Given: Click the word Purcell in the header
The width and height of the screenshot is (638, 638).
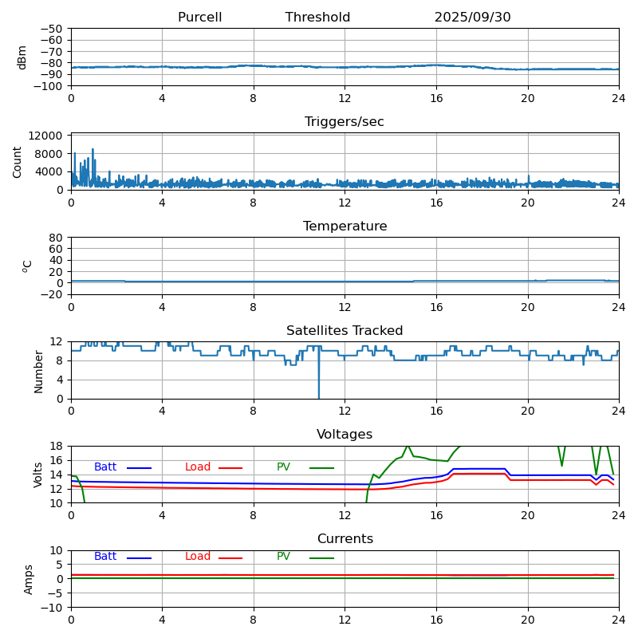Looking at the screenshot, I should coord(199,18).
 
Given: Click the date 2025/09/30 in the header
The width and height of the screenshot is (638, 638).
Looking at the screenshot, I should coord(472,18).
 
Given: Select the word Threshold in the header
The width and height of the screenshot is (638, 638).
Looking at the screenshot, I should coord(317,18).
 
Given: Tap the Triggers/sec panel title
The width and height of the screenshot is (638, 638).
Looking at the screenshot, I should coord(345,122).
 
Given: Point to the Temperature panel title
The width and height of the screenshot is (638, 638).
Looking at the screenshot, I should coord(345,226).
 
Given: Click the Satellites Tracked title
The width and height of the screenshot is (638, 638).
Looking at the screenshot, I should coord(345,331).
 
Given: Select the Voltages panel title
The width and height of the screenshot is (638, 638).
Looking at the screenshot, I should coord(345,435).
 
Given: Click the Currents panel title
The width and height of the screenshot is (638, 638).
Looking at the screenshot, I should coord(345,539).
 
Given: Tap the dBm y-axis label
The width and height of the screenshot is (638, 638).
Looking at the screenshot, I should coord(22,57).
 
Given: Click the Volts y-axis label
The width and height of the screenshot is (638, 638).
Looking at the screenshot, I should coord(38,475).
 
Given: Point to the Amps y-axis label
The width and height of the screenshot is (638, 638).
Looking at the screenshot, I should coord(29,579).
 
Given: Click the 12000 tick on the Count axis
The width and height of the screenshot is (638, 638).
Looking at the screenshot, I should coord(46,136).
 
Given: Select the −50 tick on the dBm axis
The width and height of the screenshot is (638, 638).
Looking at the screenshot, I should coord(53,29).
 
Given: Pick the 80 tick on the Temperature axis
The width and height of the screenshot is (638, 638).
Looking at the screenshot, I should coord(57,238).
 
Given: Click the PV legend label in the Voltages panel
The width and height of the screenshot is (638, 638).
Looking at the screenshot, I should coord(283,467).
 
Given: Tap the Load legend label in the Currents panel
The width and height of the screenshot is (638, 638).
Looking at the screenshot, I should coord(198,557).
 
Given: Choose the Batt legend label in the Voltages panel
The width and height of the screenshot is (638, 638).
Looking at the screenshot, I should coord(105,467).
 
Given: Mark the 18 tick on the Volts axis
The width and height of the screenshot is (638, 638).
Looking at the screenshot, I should coord(57,447).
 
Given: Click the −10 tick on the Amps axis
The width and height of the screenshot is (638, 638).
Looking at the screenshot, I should coord(53,608).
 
